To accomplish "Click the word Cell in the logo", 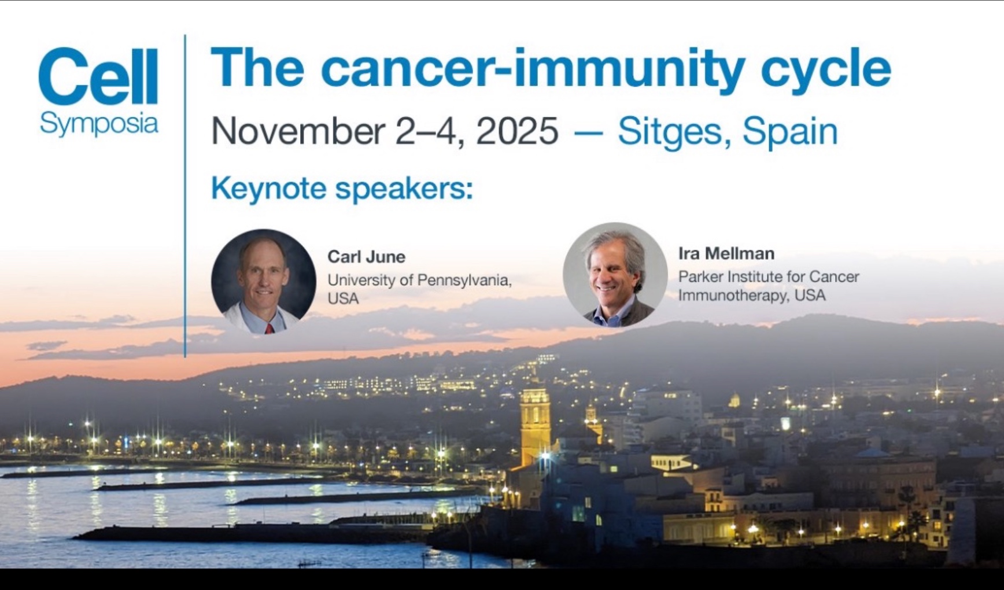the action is click(98, 76).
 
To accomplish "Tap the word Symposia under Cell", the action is click(99, 124).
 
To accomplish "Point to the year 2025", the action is click(517, 131).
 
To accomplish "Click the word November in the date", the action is click(298, 131).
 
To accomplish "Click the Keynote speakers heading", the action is click(342, 189).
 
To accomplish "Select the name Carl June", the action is click(367, 256).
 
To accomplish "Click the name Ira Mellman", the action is click(726, 253).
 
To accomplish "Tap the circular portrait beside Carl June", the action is click(264, 282).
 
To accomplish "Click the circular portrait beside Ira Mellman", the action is click(615, 275).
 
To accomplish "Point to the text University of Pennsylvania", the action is click(419, 280).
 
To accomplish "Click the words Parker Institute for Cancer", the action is click(769, 276).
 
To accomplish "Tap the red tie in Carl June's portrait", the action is click(269, 329).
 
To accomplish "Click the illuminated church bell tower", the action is click(535, 425).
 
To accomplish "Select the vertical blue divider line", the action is click(185, 196).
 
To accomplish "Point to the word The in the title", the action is click(257, 68).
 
